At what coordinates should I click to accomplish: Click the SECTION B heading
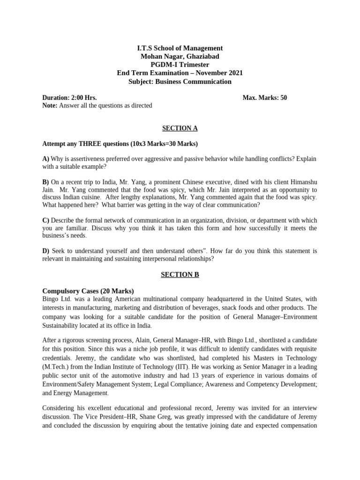180,275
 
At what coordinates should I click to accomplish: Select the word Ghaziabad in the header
200,56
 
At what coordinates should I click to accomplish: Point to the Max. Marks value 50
284,97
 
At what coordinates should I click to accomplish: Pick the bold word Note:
50,105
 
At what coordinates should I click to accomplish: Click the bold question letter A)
45,158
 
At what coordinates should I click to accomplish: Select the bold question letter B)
45,181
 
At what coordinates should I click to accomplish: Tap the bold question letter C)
45,220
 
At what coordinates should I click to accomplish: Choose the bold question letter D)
46,251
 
